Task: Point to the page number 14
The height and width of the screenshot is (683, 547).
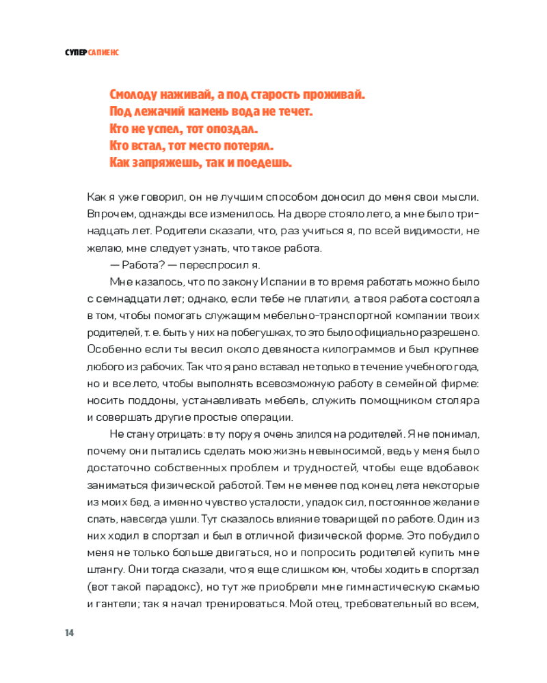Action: (x=70, y=632)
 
